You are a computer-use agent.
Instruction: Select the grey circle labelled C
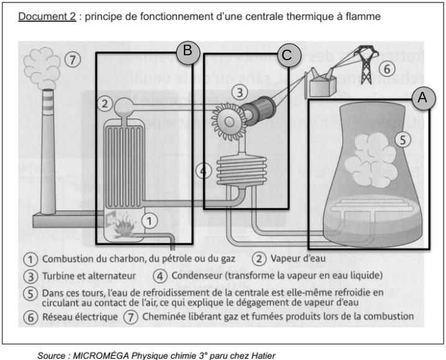286,55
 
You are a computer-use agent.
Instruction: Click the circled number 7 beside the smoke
73,60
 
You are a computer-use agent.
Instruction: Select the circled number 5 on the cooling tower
403,140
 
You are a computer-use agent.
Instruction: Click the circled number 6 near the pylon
386,68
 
